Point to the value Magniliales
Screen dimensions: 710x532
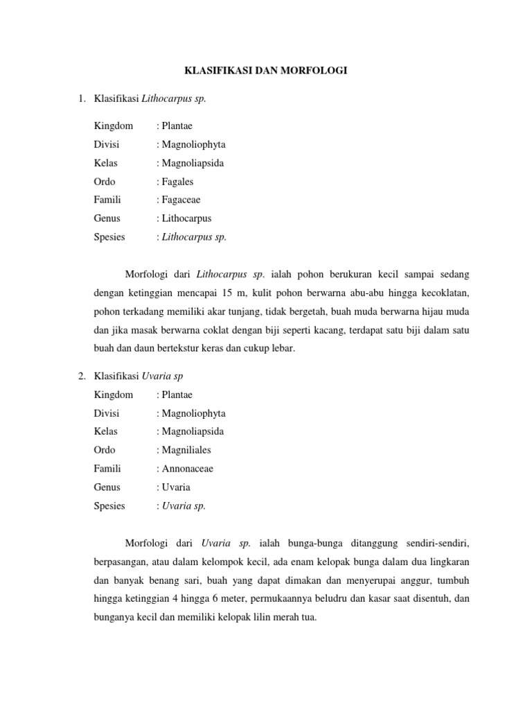click(x=187, y=450)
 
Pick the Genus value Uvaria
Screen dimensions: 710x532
click(x=177, y=487)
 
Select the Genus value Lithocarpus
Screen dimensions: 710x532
click(x=187, y=218)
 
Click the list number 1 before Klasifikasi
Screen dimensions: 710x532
click(x=82, y=98)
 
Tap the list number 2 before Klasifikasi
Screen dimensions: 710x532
click(x=82, y=376)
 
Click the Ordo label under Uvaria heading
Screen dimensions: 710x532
click(x=105, y=450)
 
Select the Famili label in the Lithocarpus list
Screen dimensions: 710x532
click(x=107, y=200)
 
